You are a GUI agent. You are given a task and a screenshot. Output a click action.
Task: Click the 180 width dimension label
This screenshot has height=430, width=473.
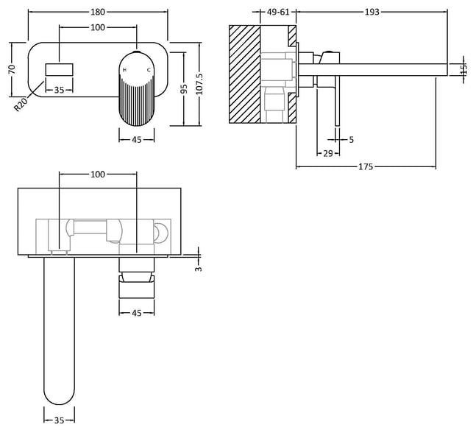pos(98,12)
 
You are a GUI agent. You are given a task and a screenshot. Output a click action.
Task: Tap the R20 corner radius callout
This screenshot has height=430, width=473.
pos(21,105)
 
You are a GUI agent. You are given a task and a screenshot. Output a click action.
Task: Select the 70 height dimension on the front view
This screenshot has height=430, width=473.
pos(12,69)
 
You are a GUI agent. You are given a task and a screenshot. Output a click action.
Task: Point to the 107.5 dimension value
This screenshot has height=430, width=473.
pos(199,84)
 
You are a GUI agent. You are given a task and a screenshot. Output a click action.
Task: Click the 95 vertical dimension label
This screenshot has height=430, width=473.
pos(184,89)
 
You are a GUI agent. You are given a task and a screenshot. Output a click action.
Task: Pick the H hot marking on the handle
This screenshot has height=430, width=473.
pos(124,71)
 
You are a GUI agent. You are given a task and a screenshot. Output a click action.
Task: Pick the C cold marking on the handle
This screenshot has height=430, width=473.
pos(149,71)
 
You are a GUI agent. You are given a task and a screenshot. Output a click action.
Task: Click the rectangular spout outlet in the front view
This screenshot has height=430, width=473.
pos(59,70)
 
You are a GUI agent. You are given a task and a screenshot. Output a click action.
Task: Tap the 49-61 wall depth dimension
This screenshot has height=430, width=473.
pos(278,12)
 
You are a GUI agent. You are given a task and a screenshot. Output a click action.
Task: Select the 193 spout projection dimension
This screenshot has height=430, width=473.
pos(372,12)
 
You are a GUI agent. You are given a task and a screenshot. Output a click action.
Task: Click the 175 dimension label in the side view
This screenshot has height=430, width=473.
pos(366,166)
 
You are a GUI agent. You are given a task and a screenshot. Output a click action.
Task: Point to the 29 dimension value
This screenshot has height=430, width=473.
pos(328,154)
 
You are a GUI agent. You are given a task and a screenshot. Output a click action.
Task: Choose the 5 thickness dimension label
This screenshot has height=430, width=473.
pos(351,139)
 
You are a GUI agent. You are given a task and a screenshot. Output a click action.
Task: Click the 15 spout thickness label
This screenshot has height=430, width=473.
pos(465,69)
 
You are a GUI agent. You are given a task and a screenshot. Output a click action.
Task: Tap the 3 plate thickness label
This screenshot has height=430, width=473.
pos(198,269)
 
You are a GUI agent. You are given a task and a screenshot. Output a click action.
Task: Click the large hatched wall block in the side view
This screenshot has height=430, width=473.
pos(245,74)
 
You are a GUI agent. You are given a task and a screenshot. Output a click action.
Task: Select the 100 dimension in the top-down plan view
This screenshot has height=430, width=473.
pos(98,175)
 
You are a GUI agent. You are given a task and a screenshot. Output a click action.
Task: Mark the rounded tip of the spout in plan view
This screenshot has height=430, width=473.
pos(59,404)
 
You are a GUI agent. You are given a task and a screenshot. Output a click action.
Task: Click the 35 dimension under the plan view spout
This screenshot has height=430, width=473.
pos(59,420)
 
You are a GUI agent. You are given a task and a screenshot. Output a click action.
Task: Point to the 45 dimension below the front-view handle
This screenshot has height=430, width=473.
pos(137,140)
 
